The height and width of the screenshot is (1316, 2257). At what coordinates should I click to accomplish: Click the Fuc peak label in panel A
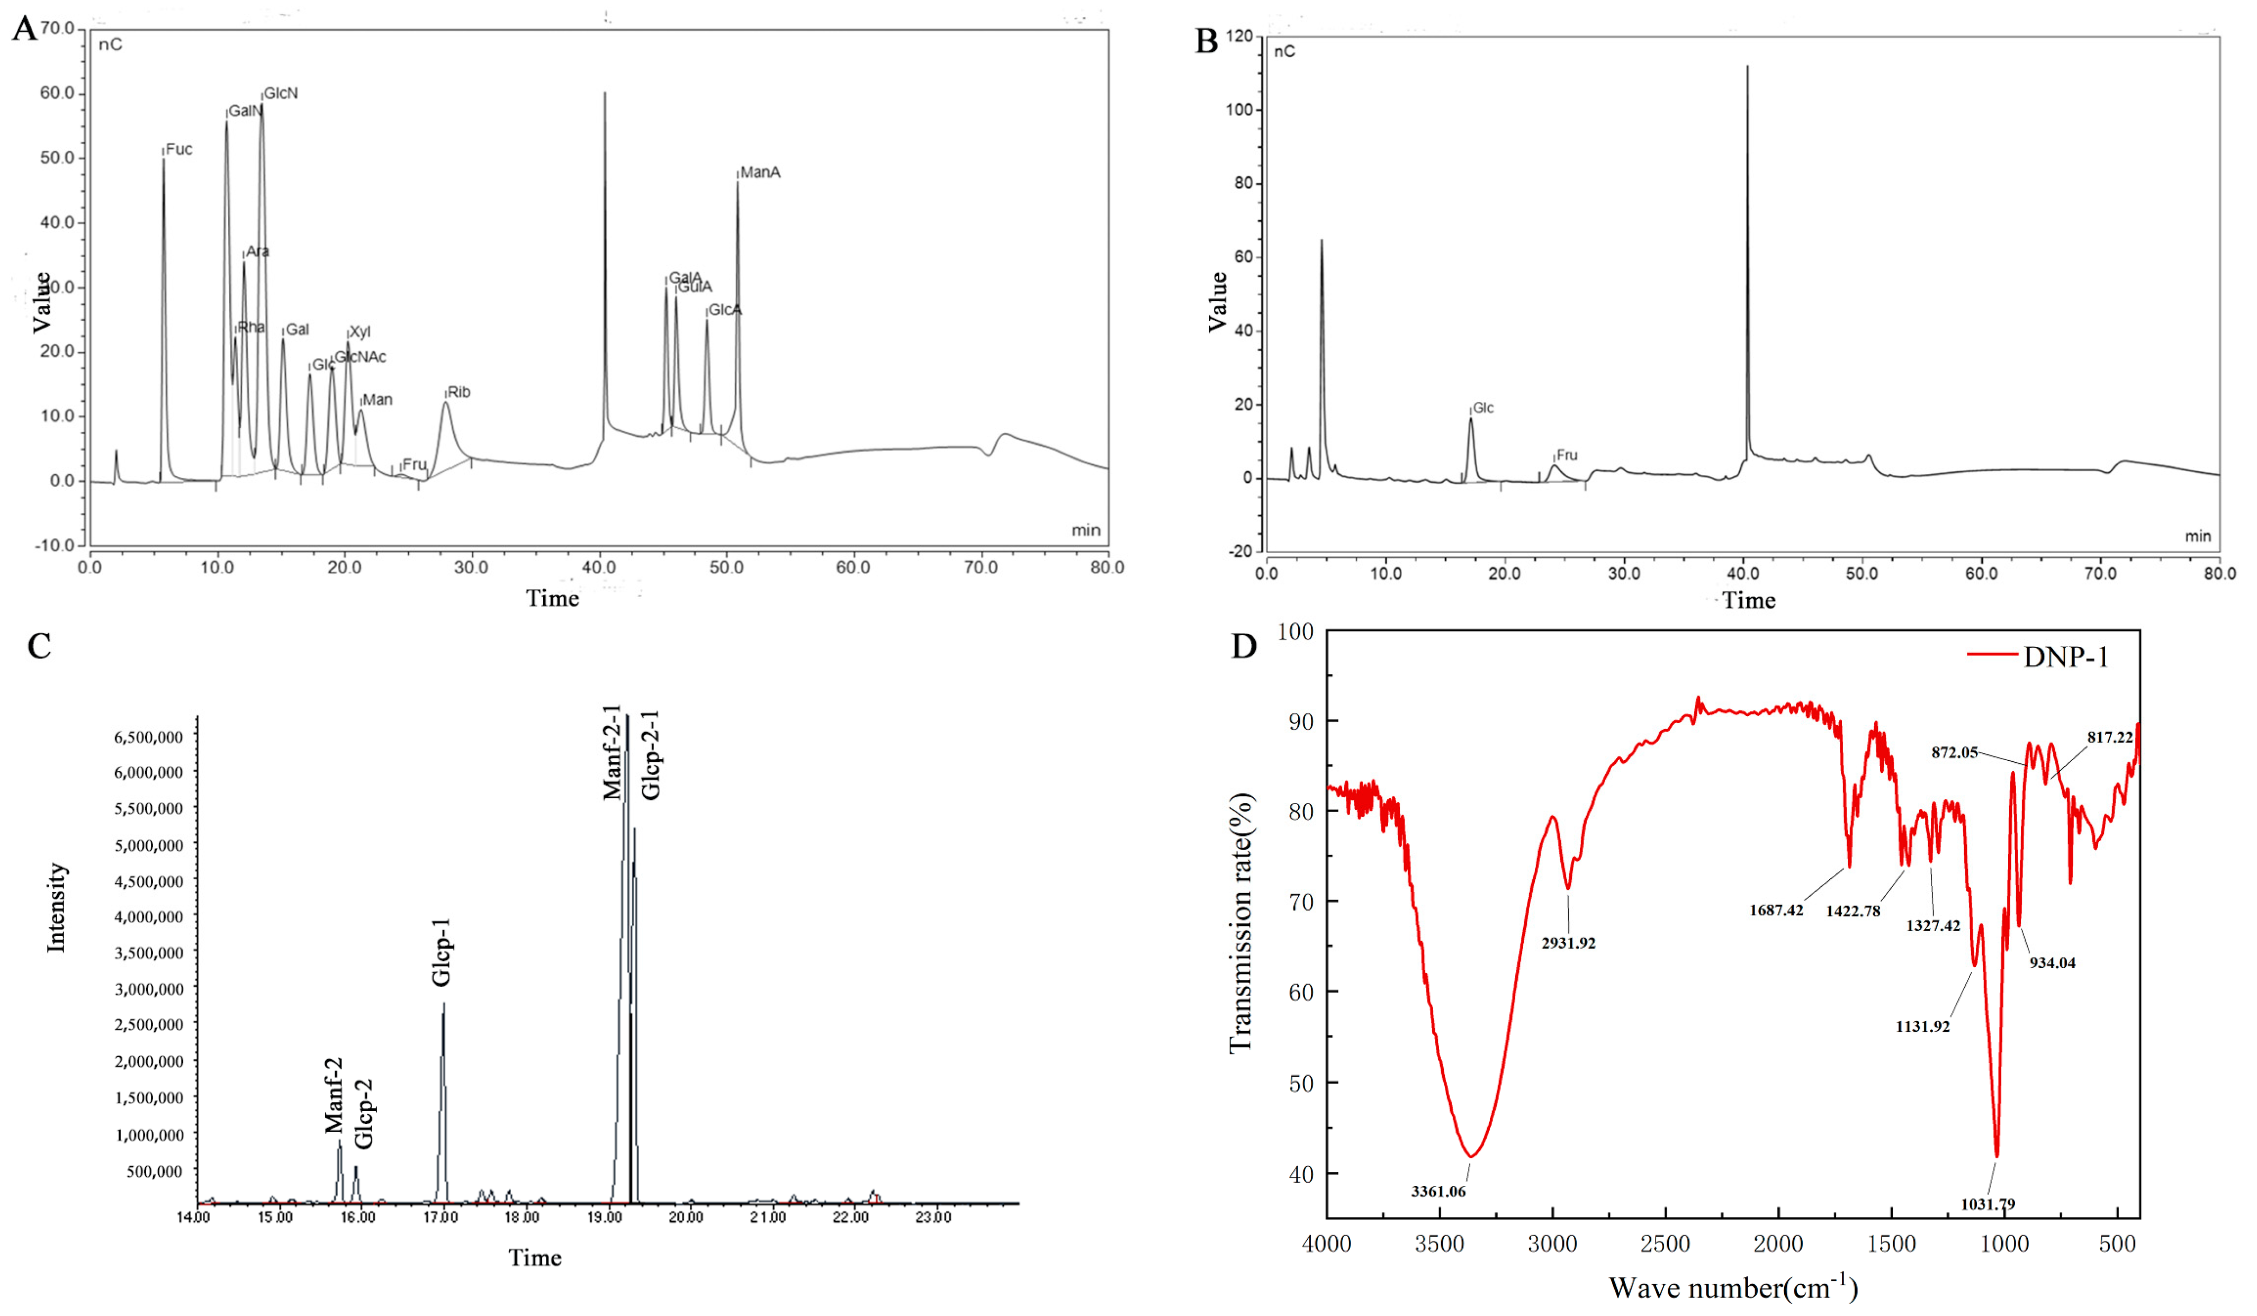click(179, 149)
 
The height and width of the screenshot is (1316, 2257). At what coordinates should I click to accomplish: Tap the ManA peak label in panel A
click(760, 173)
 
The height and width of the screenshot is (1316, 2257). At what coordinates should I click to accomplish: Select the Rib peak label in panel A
click(458, 392)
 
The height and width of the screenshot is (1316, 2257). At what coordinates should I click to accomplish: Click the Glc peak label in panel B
click(1483, 408)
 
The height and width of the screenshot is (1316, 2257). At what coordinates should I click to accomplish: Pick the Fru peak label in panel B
click(1567, 456)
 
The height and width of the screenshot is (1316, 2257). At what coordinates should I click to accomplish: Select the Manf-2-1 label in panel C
click(613, 752)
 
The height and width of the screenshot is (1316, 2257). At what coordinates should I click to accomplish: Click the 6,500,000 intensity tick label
click(149, 737)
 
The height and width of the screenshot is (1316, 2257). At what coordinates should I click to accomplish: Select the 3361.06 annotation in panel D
click(1438, 1192)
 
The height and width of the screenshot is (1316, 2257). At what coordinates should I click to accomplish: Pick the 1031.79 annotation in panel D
click(1988, 1204)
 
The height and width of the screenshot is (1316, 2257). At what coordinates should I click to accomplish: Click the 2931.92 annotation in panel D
click(1568, 943)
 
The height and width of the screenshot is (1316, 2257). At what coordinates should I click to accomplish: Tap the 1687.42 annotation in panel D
click(1776, 911)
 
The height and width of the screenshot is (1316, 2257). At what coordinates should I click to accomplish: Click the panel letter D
click(1245, 646)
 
